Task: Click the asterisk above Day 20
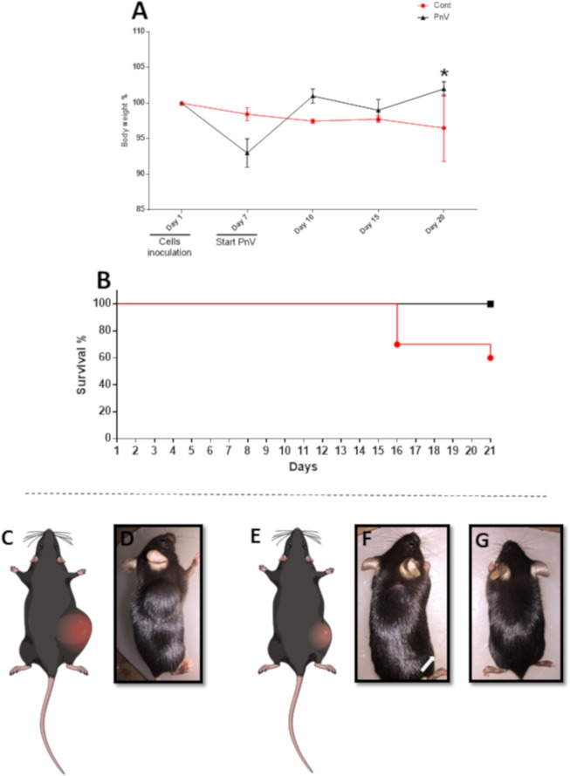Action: (x=444, y=72)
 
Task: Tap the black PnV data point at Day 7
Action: (x=247, y=153)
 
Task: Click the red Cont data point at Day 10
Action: (x=312, y=121)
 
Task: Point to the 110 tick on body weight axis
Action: (x=138, y=31)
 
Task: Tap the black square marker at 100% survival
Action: (x=491, y=303)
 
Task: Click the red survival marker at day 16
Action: (x=397, y=344)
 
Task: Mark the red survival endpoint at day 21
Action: (x=491, y=357)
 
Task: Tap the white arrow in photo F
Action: (x=428, y=664)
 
